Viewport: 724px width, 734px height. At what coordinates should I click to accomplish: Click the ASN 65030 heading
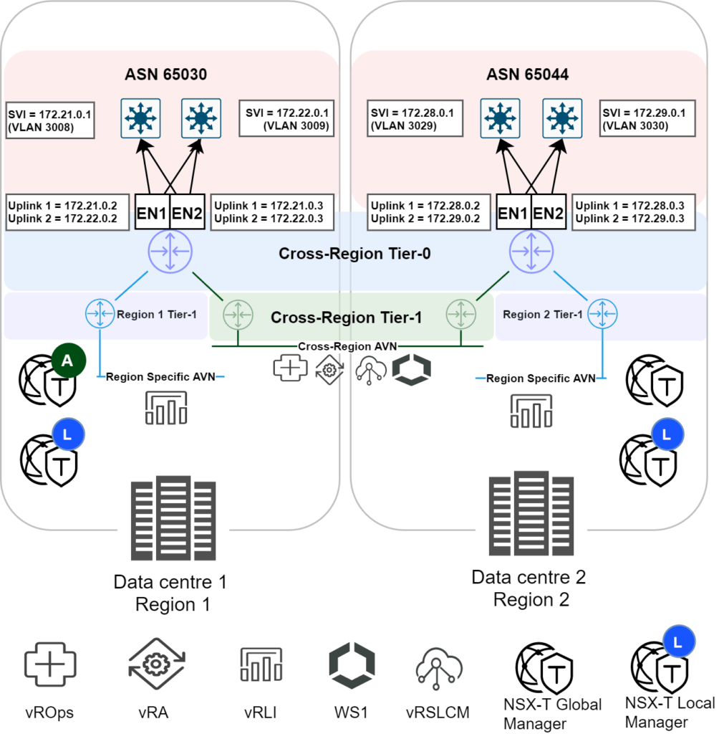165,75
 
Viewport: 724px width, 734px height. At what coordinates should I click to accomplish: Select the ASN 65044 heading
528,75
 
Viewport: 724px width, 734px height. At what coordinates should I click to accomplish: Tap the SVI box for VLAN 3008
50,120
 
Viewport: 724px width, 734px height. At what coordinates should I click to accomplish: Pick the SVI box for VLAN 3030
647,118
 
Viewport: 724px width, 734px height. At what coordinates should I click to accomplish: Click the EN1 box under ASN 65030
153,212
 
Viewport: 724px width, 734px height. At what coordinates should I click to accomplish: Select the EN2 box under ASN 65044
549,212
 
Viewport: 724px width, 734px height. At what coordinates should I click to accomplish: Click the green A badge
68,361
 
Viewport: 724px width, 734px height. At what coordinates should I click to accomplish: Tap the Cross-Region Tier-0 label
354,254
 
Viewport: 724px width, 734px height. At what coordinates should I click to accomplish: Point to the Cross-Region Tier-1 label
346,318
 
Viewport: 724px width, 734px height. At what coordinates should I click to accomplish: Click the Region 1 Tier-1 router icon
100,314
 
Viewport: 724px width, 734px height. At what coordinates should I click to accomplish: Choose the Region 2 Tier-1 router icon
602,314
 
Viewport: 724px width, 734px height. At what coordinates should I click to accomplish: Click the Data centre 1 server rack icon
173,518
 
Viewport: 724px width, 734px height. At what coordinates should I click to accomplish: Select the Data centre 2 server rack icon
531,513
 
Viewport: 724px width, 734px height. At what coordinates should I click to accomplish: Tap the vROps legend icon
50,664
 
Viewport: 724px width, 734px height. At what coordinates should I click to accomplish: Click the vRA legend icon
157,664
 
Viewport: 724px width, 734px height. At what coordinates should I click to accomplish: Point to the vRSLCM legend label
438,712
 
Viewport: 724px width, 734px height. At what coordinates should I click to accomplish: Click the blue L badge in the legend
679,642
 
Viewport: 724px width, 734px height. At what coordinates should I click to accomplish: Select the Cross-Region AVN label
347,346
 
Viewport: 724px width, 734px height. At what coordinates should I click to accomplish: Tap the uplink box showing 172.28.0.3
634,212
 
